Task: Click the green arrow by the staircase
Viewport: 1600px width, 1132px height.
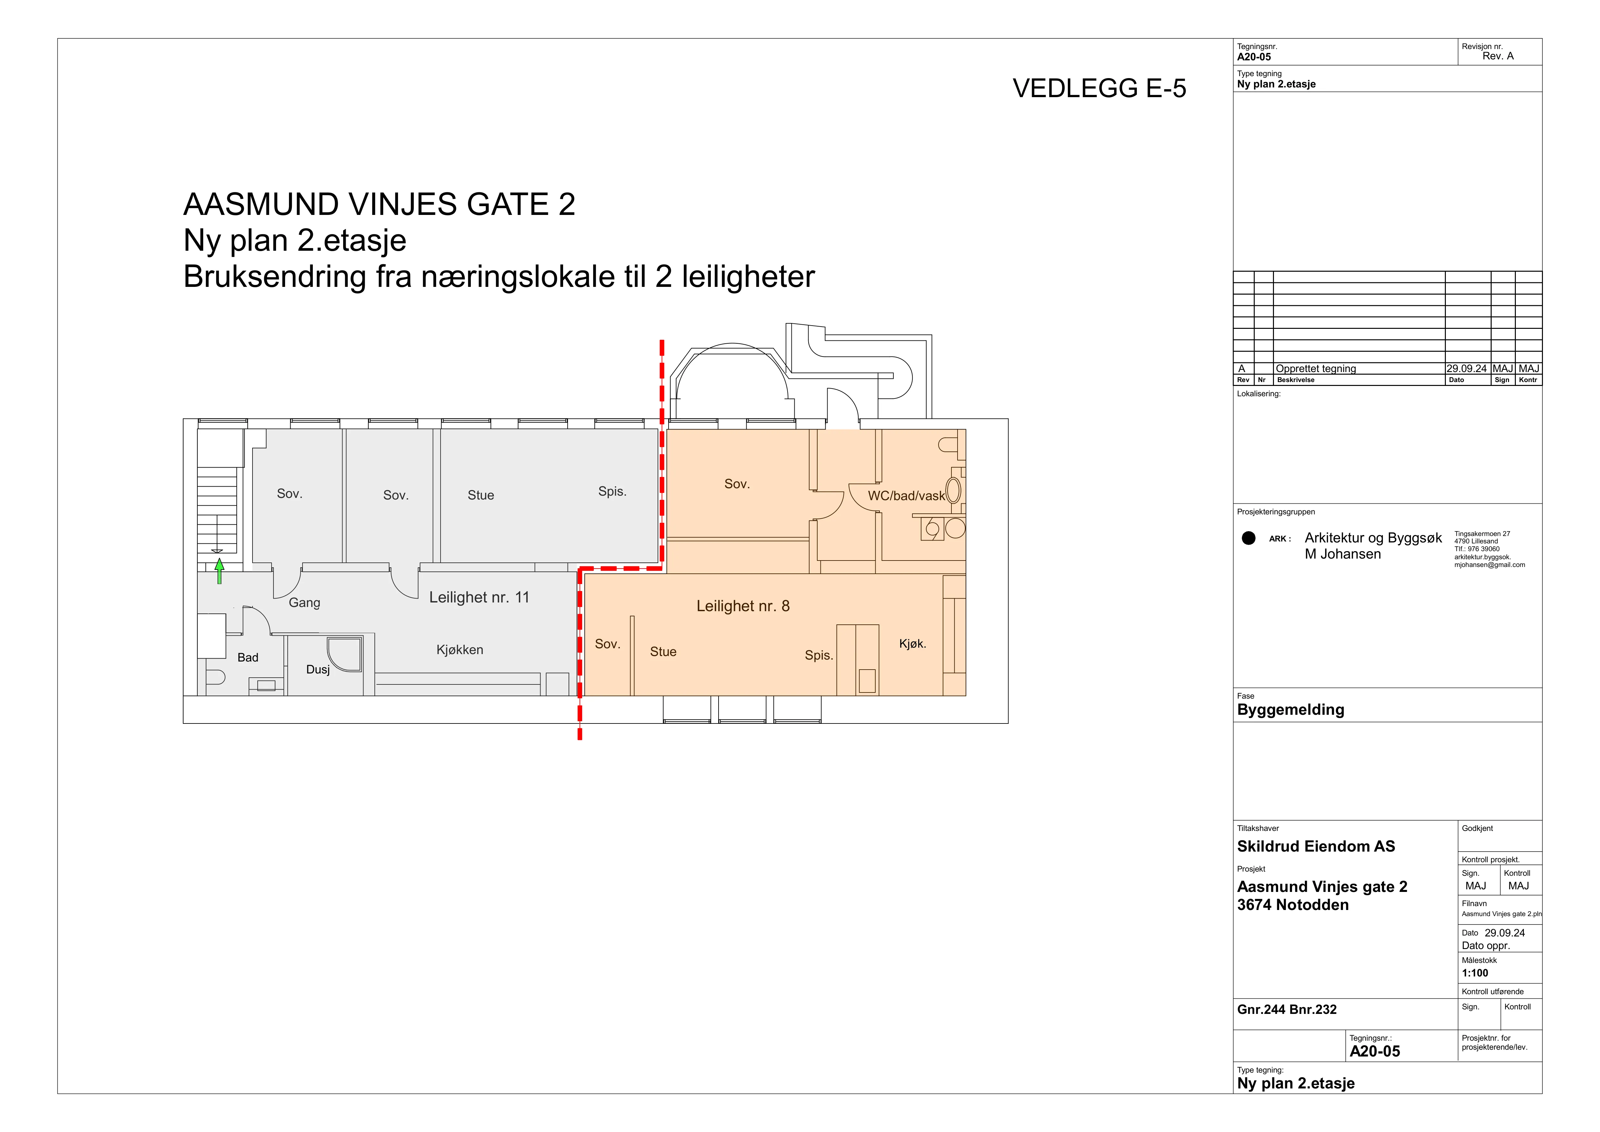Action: (x=220, y=571)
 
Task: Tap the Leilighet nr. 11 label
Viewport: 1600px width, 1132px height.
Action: (x=480, y=597)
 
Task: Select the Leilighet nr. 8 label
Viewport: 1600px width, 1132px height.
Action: (x=743, y=606)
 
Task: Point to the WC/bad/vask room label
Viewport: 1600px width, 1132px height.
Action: (x=906, y=496)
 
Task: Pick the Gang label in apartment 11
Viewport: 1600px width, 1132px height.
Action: (x=304, y=603)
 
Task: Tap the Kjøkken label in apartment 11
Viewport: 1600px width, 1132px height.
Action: (x=460, y=650)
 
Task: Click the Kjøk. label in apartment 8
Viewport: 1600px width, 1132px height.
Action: (x=912, y=644)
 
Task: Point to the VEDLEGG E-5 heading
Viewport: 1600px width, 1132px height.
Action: (x=1099, y=88)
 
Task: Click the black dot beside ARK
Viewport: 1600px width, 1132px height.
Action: (x=1249, y=538)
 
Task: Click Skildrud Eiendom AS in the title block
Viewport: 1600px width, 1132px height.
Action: (x=1316, y=846)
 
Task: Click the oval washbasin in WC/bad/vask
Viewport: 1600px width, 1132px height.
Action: (x=953, y=490)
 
